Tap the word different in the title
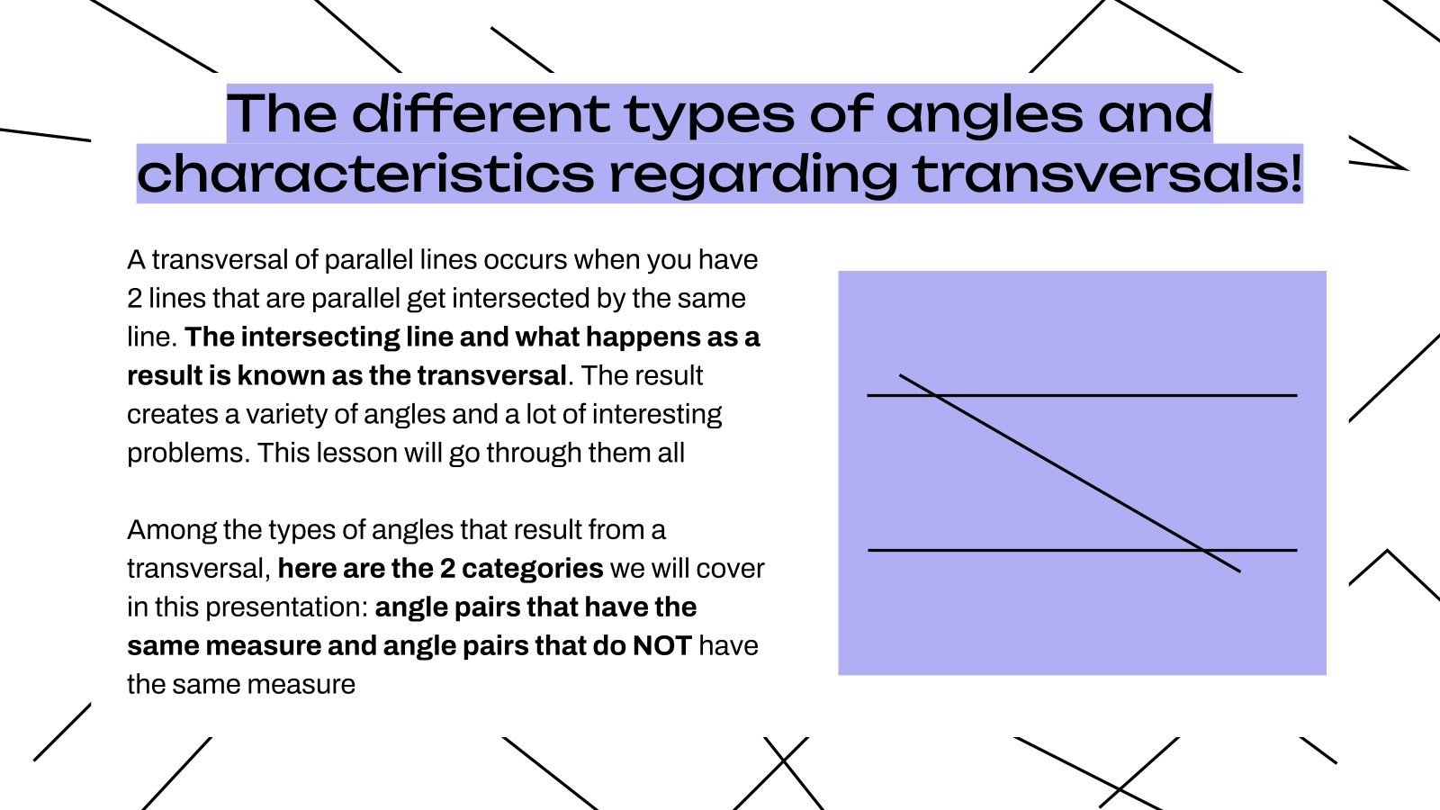480,113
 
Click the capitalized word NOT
661,645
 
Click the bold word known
280,375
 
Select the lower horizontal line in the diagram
1035,549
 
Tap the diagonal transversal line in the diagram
1071,473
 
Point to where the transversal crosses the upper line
935,395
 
